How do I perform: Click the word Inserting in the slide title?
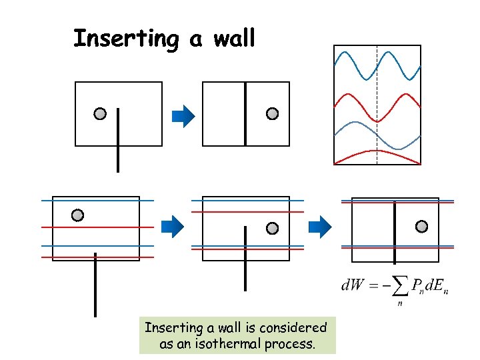click(125, 39)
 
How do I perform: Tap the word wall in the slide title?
click(234, 39)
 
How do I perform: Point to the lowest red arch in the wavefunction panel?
click(377, 153)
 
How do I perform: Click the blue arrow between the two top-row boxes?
click(183, 117)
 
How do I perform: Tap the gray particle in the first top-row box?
click(100, 114)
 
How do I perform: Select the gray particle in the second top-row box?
click(272, 114)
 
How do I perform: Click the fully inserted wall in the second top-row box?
click(245, 113)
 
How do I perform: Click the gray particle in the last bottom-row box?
click(421, 226)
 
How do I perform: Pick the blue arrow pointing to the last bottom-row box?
click(323, 227)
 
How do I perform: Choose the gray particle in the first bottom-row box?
click(77, 215)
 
